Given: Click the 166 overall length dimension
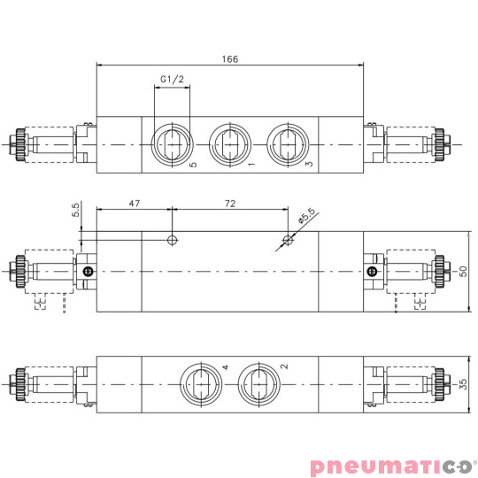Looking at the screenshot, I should pos(229,59).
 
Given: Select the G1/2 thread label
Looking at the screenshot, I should pos(172,81).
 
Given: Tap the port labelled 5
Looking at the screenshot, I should pos(171,143).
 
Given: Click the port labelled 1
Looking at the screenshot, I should pos(230,143).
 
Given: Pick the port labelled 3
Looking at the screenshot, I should pos(287,143).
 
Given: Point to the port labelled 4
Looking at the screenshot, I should pos(201,385).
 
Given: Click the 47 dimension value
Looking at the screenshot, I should pos(135,204).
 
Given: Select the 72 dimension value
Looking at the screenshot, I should pos(229,204).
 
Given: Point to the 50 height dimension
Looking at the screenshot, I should pos(463,271).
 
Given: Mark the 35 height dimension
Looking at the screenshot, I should pos(463,385).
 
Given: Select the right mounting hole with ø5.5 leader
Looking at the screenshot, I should pos(287,240).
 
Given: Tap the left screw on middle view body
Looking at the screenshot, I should pos(87,272).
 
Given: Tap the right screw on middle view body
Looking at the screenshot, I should pos(373,272).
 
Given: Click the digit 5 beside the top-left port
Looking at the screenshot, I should pos(193,165).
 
